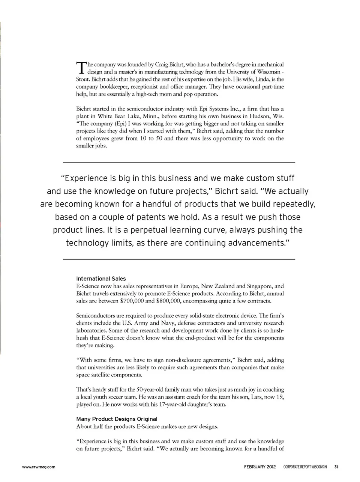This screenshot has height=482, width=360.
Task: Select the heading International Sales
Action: click(101, 279)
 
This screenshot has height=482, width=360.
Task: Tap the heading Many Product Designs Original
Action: click(117, 419)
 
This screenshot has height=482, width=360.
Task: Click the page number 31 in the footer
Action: click(336, 467)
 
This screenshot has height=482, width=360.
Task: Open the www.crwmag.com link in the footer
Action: click(39, 467)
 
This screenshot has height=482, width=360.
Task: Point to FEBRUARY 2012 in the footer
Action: click(259, 467)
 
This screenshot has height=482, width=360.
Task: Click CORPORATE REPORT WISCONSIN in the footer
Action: click(305, 467)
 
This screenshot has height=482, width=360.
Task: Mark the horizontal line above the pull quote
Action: click(179, 162)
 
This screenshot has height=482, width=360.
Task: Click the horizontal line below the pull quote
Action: click(179, 259)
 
